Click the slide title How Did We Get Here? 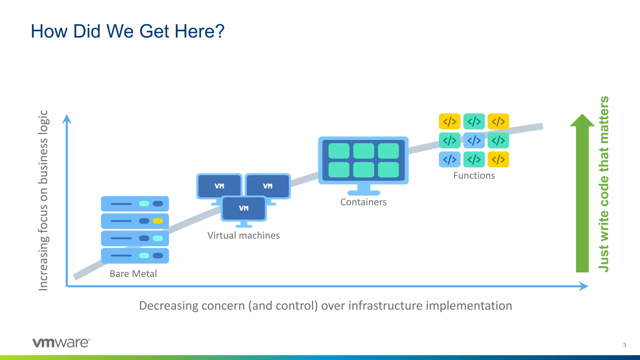click(127, 31)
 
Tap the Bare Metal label click(133, 274)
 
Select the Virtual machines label click(243, 235)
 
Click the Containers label click(363, 202)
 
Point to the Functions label click(474, 176)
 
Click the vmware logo click(61, 342)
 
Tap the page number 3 click(624, 345)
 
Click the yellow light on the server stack click(157, 221)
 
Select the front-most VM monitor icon click(244, 208)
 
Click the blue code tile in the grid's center click(474, 140)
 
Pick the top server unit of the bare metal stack click(135, 204)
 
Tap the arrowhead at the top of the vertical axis click(67, 119)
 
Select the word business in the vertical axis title click(43, 163)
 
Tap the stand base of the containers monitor click(363, 193)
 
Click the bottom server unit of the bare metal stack click(135, 256)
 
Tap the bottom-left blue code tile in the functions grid click(449, 159)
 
